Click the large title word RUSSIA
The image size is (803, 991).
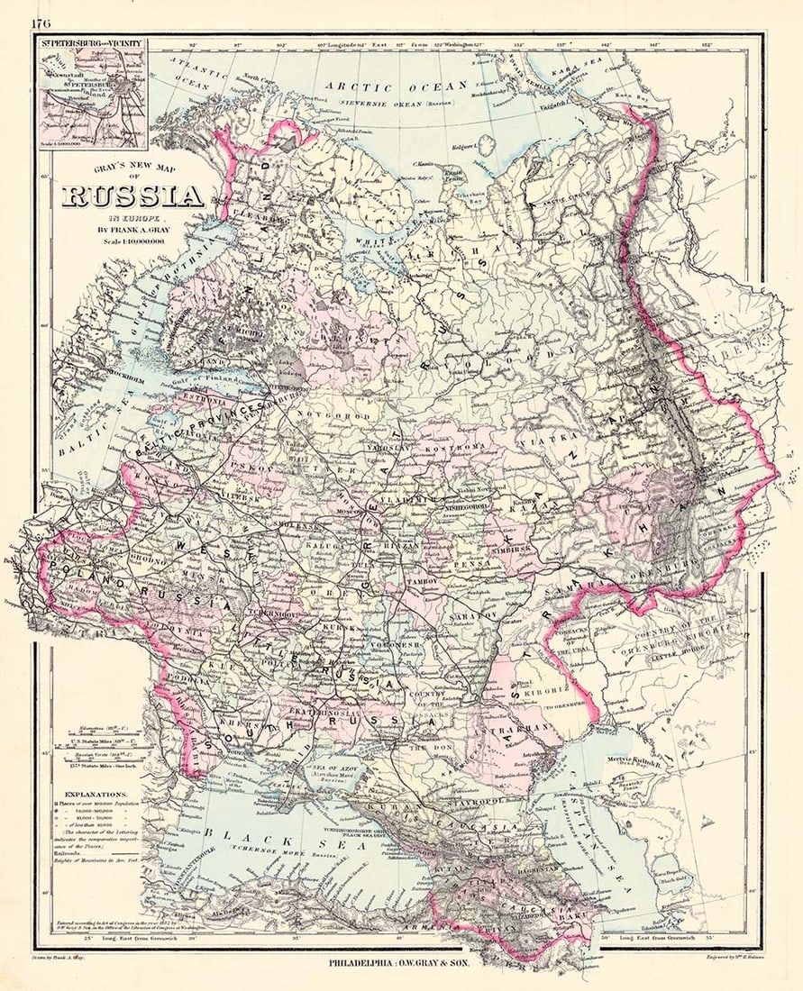click(132, 195)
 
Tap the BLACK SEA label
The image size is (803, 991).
click(243, 834)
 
